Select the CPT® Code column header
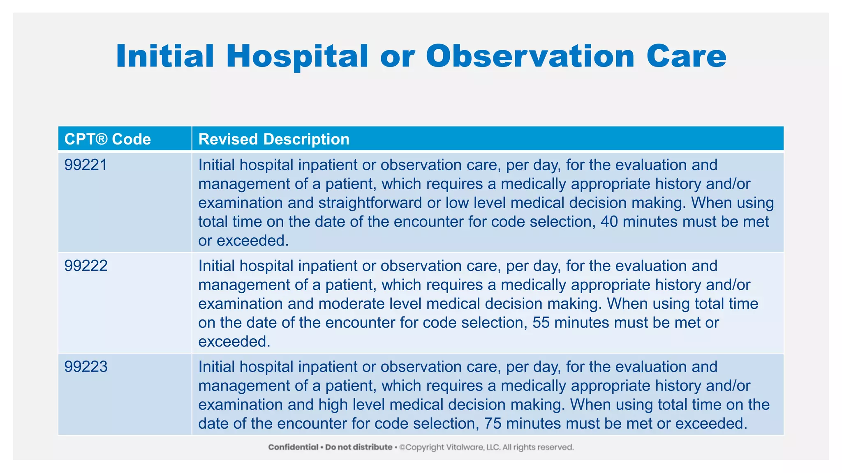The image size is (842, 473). click(x=108, y=139)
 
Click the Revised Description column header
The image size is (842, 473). click(x=274, y=139)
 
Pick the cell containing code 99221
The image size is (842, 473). click(x=86, y=165)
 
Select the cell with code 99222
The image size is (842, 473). click(x=86, y=266)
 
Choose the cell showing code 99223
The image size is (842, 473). click(x=86, y=367)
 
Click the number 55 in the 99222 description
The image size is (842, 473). click(x=541, y=323)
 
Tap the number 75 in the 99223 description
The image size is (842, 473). click(x=493, y=423)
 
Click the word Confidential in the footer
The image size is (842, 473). click(x=293, y=447)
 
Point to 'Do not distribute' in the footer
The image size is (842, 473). click(x=359, y=447)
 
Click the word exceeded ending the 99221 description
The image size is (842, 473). click(x=253, y=241)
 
